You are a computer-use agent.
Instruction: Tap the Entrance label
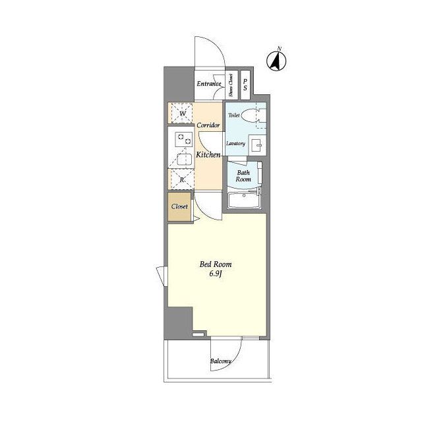[209, 84]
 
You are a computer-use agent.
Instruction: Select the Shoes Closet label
[231, 85]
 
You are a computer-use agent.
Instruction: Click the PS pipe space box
[245, 84]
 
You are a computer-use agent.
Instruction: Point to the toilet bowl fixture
[253, 115]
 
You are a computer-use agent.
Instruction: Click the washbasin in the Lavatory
[257, 145]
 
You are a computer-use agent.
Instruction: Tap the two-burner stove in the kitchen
[184, 140]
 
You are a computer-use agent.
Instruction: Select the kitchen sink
[185, 159]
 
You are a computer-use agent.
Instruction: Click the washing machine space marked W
[183, 113]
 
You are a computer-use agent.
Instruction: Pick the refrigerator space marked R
[182, 179]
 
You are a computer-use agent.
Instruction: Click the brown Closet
[179, 206]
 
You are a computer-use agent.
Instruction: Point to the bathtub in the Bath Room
[244, 200]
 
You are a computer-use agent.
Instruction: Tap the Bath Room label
[243, 176]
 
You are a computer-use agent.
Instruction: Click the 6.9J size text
[216, 274]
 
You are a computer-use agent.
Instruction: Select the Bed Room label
[216, 264]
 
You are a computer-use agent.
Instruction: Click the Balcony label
[220, 361]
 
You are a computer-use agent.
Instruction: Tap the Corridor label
[208, 125]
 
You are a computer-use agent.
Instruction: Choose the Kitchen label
[208, 155]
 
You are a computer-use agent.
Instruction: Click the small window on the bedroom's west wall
[162, 276]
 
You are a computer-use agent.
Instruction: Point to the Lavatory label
[236, 144]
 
